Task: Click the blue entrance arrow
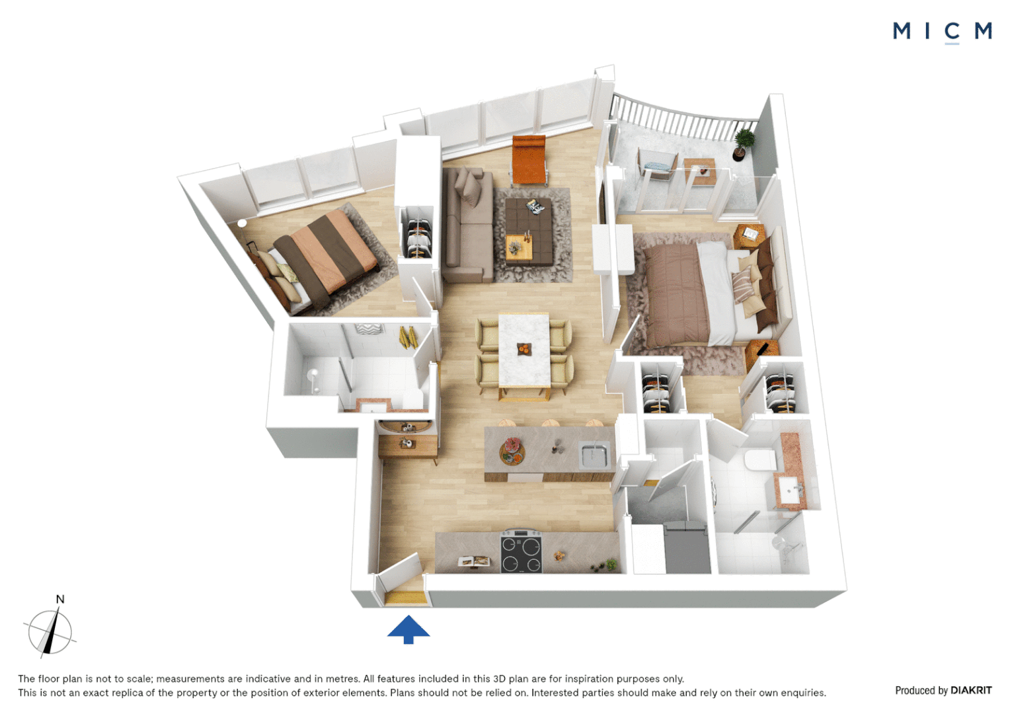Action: [x=408, y=629]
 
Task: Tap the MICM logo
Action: [x=942, y=32]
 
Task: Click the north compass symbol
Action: [x=50, y=629]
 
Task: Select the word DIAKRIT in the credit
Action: [x=971, y=690]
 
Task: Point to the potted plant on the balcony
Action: [x=742, y=144]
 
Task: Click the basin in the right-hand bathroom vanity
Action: [x=790, y=489]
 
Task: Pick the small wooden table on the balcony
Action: [x=700, y=171]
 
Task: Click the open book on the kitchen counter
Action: [x=474, y=561]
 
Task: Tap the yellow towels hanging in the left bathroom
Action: [x=408, y=337]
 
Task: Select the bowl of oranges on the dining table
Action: [x=524, y=348]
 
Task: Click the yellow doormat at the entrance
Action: [x=405, y=598]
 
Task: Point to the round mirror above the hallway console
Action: [x=405, y=426]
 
